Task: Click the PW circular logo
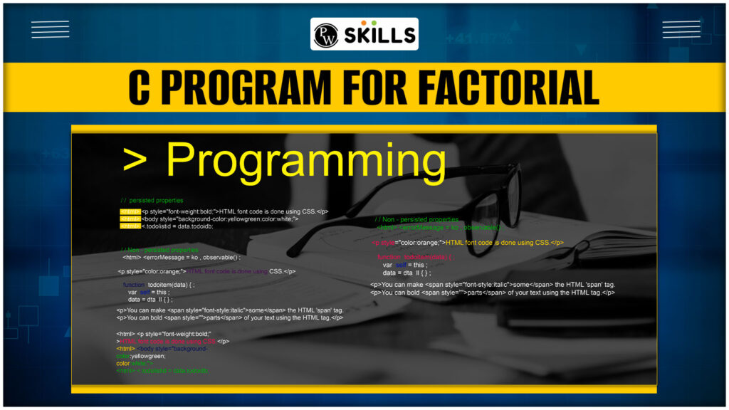coord(327,34)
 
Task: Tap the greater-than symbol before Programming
coord(136,162)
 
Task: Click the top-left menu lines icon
coord(50,29)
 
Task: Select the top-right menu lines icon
coord(681,29)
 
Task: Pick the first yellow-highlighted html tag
coord(130,211)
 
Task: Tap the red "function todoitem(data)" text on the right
coord(414,256)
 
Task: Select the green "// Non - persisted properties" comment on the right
coord(416,219)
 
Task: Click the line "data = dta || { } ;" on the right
coord(407,273)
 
